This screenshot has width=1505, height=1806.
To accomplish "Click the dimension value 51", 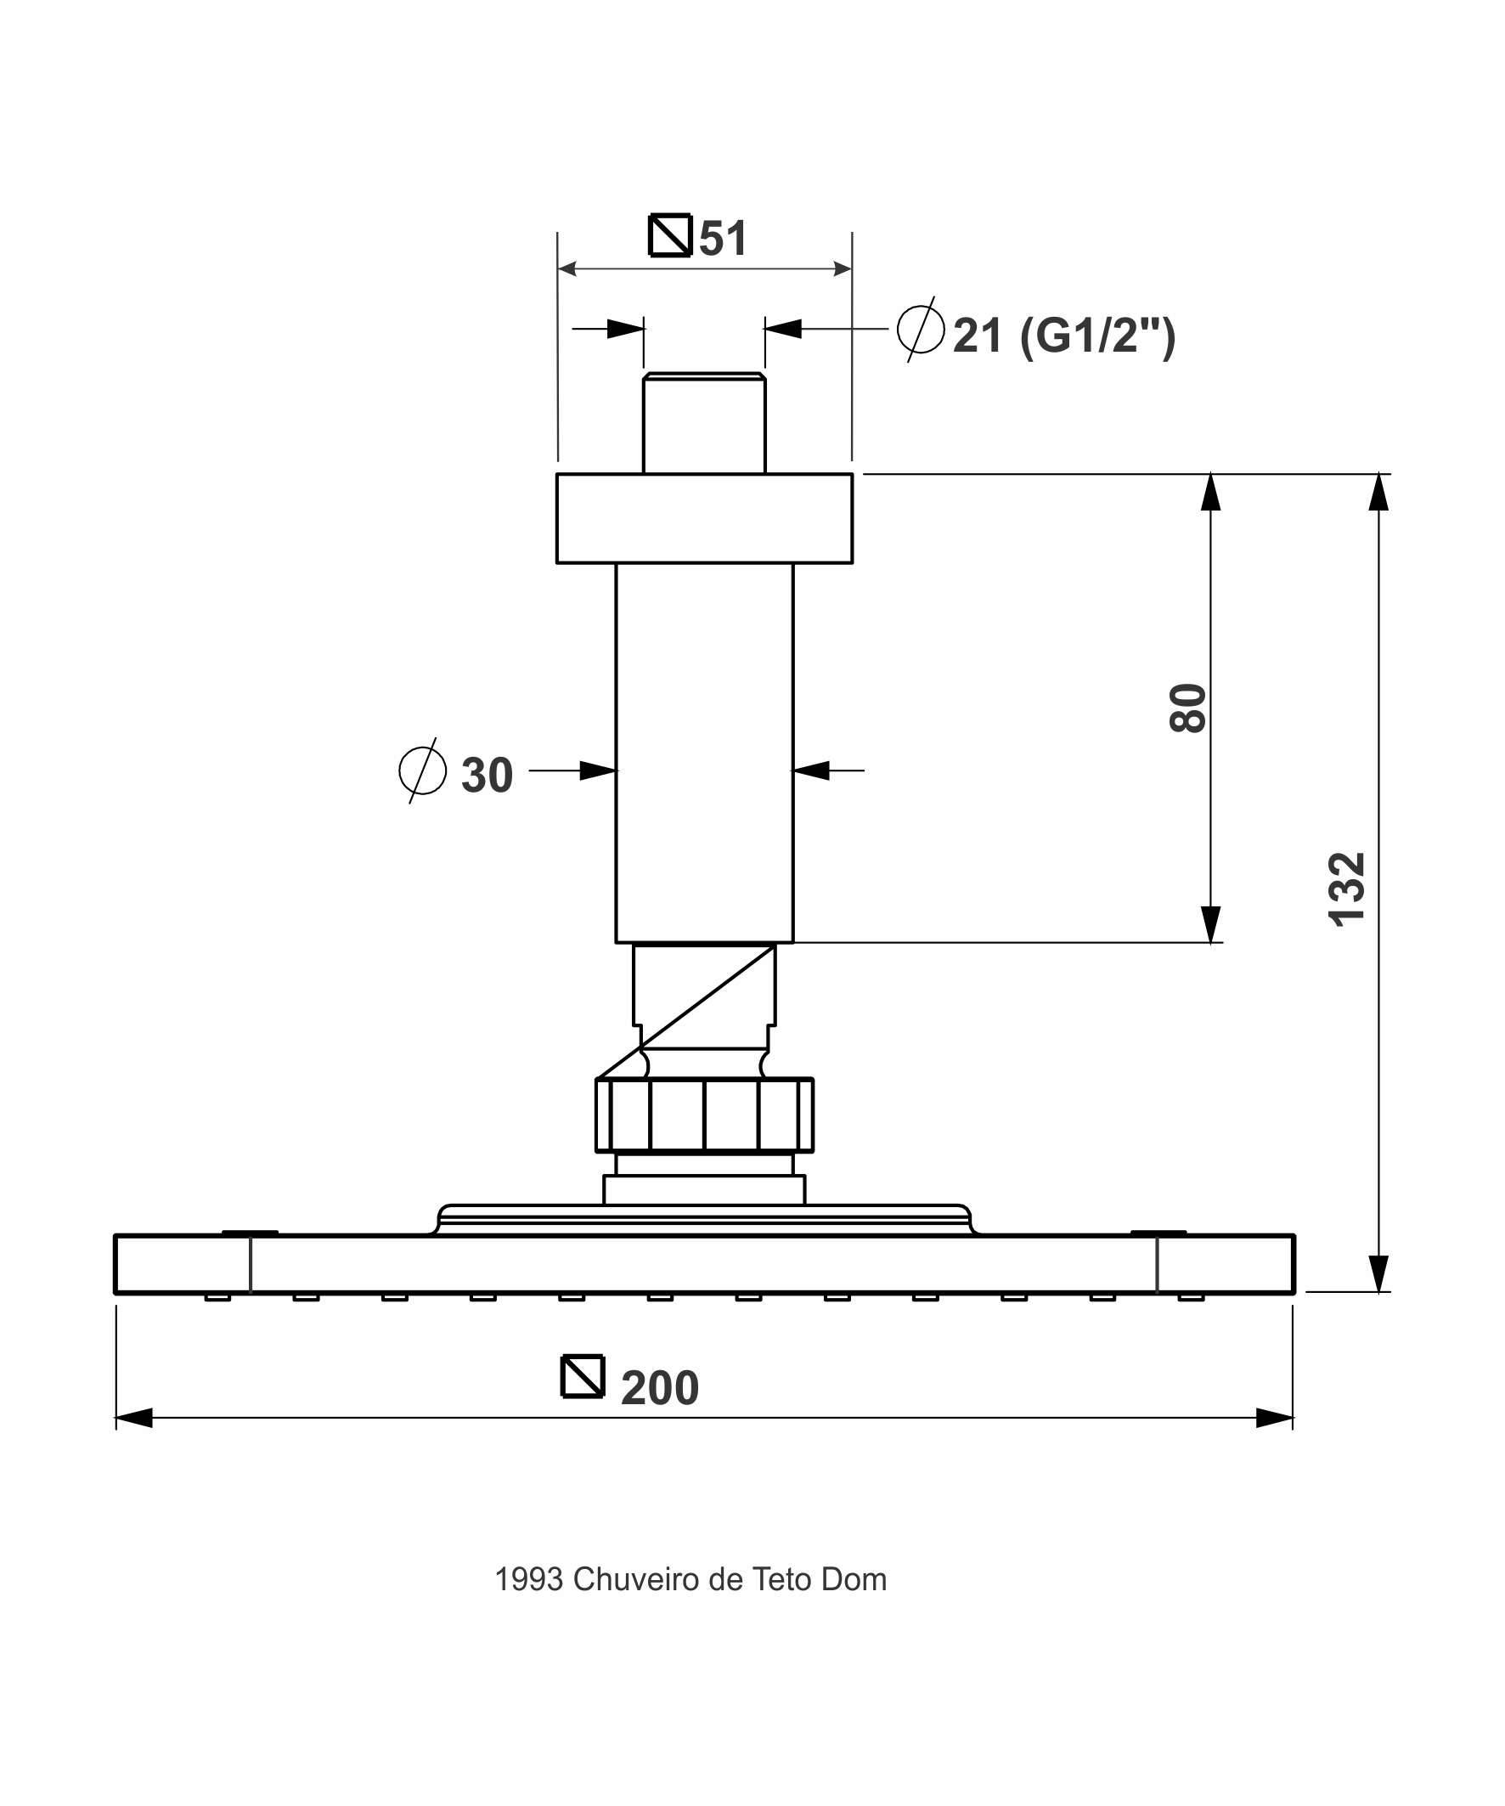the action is [x=723, y=238].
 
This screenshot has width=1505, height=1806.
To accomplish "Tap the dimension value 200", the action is [x=660, y=1387].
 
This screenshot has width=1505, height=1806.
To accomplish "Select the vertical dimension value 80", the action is [x=1188, y=708].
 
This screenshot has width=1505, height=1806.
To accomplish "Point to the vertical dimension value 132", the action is [x=1347, y=889].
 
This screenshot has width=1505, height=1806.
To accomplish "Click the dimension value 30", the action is [x=487, y=775].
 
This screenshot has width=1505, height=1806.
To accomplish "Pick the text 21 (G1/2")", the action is [x=1064, y=336].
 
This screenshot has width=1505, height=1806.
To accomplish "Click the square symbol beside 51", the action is [x=670, y=234].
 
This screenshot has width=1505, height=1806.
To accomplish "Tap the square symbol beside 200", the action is [x=583, y=1376].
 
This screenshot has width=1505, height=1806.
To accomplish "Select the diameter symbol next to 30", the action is [x=422, y=770].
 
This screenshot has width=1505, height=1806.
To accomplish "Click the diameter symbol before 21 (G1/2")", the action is [x=920, y=329].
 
